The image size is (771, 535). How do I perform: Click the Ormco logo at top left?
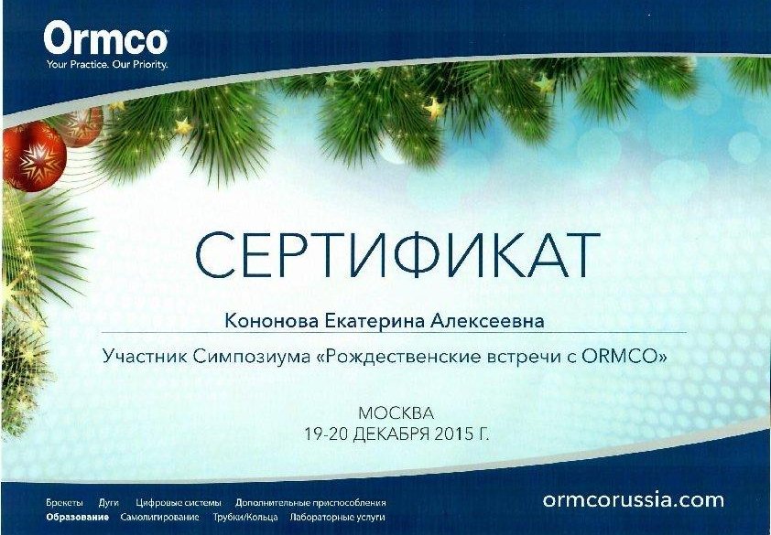(x=105, y=38)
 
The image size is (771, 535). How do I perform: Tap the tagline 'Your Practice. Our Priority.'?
(x=107, y=64)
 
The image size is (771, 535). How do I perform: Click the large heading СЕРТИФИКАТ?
(x=397, y=255)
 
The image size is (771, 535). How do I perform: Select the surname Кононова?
(x=271, y=321)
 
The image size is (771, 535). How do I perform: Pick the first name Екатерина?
(x=375, y=321)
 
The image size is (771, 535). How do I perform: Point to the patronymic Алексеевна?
(x=487, y=321)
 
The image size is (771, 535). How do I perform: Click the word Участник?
(x=145, y=356)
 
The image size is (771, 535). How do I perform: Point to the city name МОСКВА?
(x=396, y=413)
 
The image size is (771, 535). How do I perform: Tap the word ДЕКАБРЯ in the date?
(x=392, y=434)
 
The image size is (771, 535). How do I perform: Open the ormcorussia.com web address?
(x=634, y=500)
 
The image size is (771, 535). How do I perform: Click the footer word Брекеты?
(x=64, y=503)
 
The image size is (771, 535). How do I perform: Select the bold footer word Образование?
(x=77, y=517)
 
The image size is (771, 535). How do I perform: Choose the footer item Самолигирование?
(x=159, y=517)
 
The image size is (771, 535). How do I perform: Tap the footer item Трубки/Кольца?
(x=244, y=517)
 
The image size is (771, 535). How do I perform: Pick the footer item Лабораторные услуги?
(x=337, y=517)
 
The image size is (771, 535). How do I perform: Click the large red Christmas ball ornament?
(x=34, y=156)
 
